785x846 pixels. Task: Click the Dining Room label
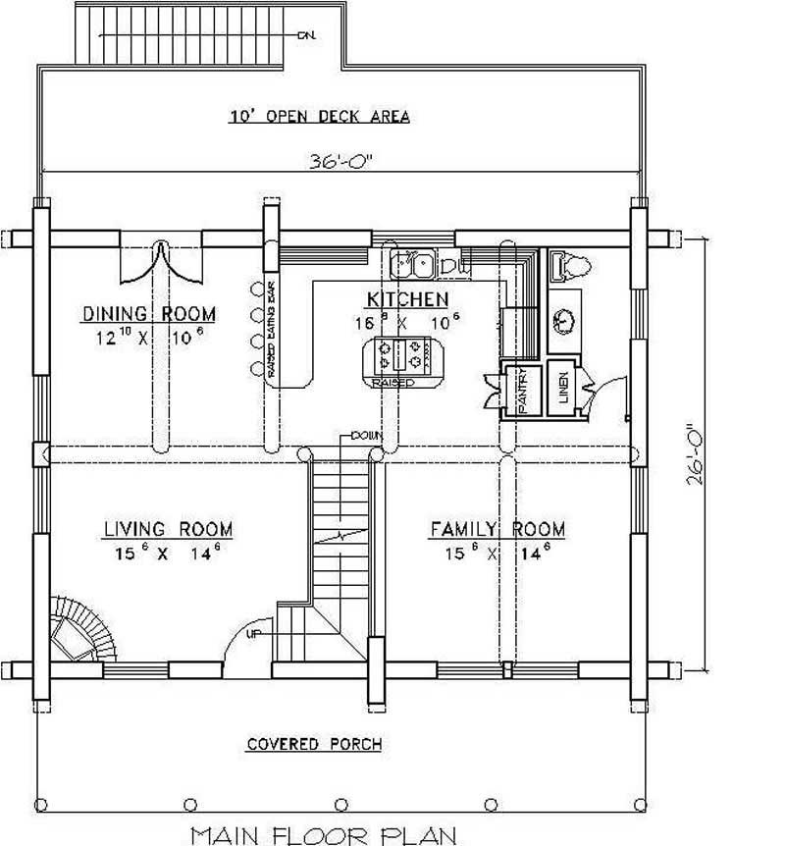point(149,314)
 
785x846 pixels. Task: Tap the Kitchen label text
point(408,299)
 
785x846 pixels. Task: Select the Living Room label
point(169,530)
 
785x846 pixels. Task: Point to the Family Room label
point(497,530)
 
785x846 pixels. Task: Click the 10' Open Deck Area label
point(319,116)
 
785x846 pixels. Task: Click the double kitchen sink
point(412,263)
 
